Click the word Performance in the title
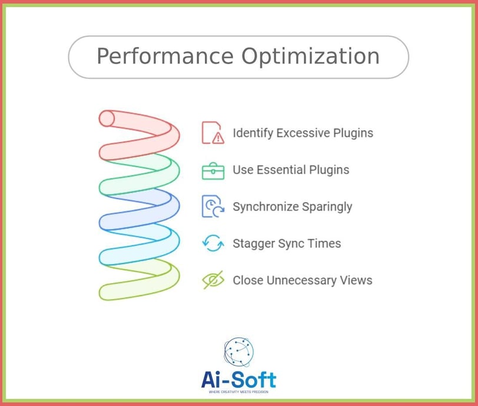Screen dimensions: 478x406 click(x=165, y=57)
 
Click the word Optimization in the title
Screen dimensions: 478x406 click(x=311, y=57)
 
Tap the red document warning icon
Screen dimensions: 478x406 click(x=213, y=133)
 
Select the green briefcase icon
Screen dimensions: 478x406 click(x=213, y=171)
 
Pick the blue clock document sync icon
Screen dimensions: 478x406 click(x=213, y=206)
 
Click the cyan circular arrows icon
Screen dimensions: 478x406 click(x=213, y=243)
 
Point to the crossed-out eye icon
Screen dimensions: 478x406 click(x=213, y=280)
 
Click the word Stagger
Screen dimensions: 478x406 click(x=254, y=244)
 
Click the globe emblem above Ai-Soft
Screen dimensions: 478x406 click(x=238, y=352)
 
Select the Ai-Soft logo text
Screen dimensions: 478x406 click(x=238, y=379)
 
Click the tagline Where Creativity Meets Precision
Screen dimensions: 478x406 click(x=238, y=392)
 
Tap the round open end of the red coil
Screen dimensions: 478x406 click(x=107, y=118)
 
